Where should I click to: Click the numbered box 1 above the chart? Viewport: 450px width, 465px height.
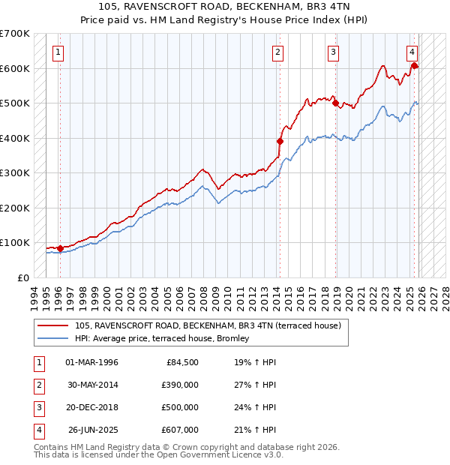click(x=58, y=52)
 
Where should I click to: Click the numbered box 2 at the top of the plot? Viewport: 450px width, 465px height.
click(x=277, y=52)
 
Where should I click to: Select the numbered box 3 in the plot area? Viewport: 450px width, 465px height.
click(x=333, y=52)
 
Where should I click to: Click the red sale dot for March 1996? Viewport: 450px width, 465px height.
click(x=60, y=248)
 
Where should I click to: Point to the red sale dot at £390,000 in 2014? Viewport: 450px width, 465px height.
click(x=280, y=141)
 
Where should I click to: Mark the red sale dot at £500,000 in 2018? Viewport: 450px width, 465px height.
click(x=335, y=103)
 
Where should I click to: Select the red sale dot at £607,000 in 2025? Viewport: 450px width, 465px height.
click(x=414, y=66)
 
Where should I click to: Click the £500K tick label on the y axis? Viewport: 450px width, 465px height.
click(x=15, y=103)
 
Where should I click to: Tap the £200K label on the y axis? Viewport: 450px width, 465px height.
click(x=15, y=208)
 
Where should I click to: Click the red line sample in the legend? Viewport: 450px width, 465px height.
click(x=54, y=325)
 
